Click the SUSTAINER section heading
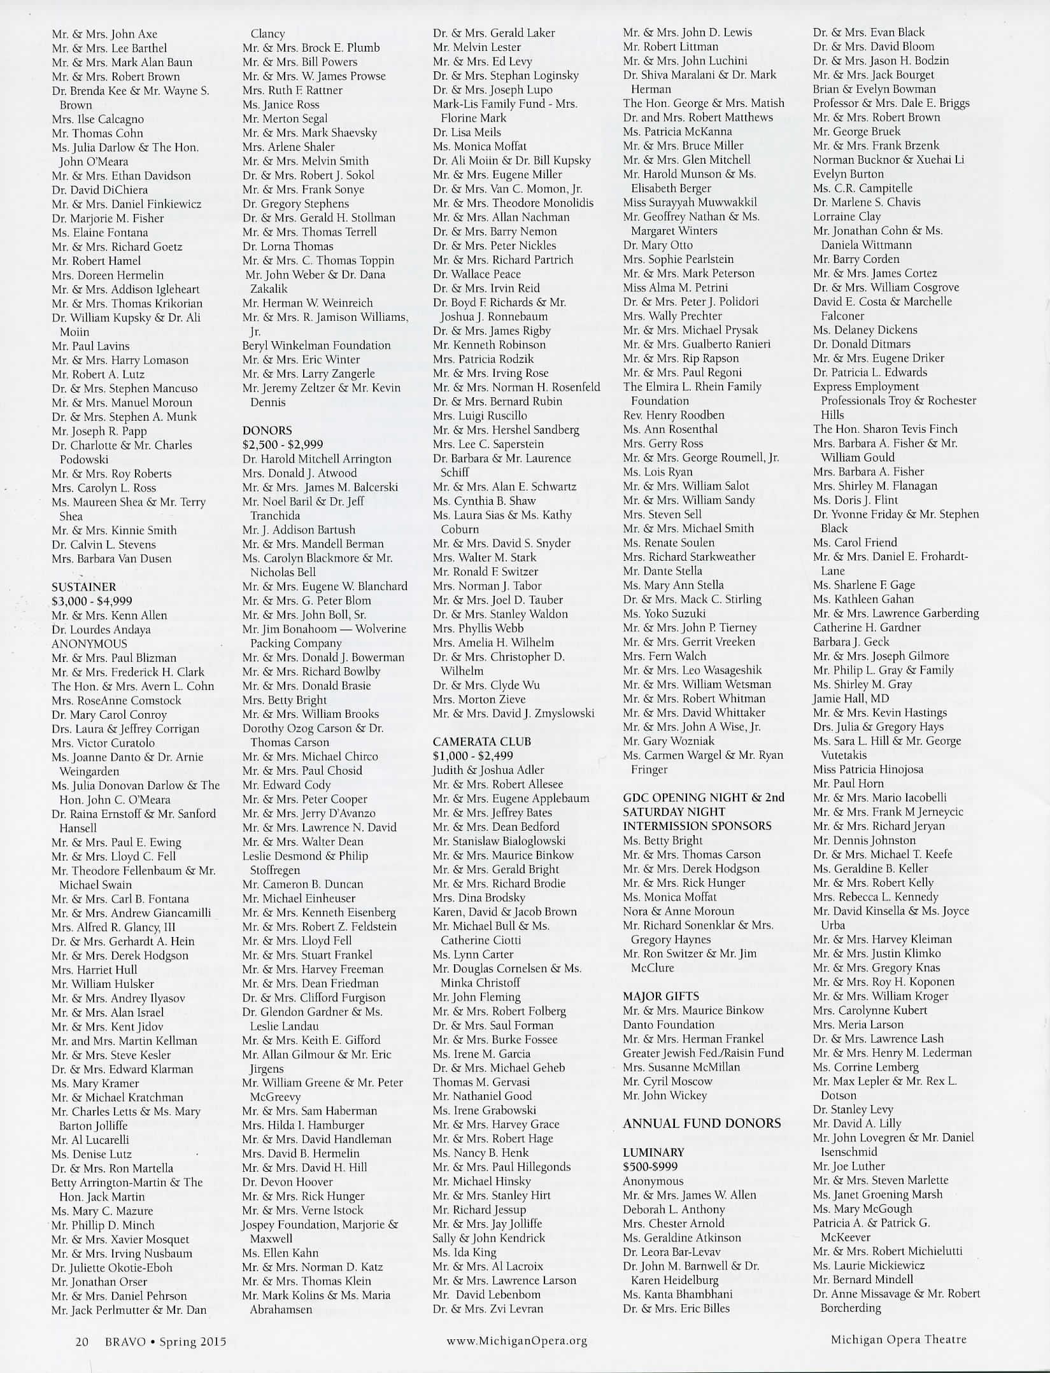pos(83,587)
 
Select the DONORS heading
pos(267,430)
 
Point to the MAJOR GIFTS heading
pos(661,996)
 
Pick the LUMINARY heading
pos(654,1152)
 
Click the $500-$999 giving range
pos(650,1166)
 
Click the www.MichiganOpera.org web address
pos(516,1341)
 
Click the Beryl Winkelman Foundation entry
pos(316,346)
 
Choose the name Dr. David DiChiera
pos(99,190)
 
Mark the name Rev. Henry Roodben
pos(674,415)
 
